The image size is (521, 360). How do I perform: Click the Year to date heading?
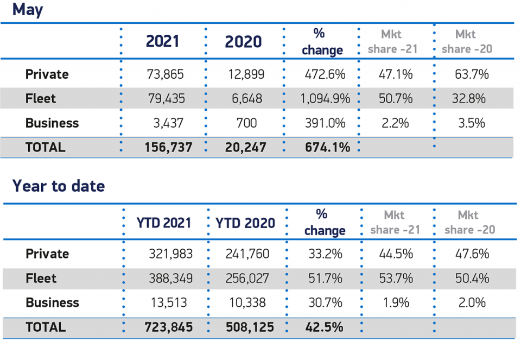(x=59, y=186)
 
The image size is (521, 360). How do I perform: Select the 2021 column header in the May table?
(x=162, y=41)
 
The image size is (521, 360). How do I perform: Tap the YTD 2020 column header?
(x=245, y=223)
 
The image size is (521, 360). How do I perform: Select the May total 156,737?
(x=167, y=147)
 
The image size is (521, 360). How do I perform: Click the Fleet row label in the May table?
(x=41, y=99)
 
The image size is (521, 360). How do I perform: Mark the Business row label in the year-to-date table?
(x=52, y=303)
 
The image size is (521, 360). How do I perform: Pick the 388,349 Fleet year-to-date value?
(x=170, y=279)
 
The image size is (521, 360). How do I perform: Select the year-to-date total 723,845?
(x=169, y=327)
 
